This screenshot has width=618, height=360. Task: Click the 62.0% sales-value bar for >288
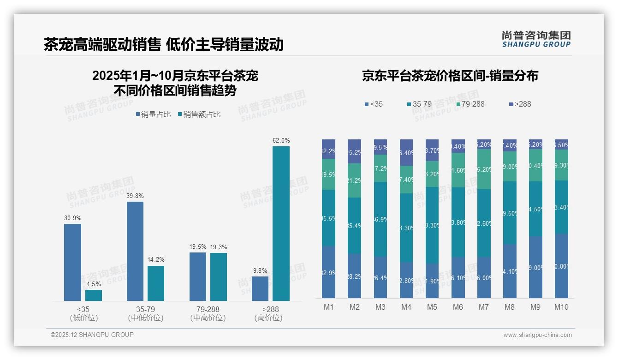[x=281, y=223]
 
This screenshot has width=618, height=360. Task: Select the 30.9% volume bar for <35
[x=72, y=262]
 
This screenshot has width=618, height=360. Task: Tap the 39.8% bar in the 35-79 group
[x=135, y=251]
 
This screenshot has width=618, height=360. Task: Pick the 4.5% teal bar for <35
[x=94, y=295]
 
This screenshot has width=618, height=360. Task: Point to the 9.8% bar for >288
[x=260, y=288]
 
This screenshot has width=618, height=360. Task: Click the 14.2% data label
[x=156, y=260]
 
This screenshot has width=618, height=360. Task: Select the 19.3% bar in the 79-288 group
[x=219, y=277]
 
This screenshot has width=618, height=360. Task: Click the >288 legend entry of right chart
[x=520, y=104]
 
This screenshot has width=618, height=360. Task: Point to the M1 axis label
[x=328, y=307]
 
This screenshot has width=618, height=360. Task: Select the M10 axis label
[x=561, y=307]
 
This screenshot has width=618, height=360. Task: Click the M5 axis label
[x=432, y=307]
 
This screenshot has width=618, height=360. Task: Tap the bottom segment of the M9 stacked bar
[x=535, y=267]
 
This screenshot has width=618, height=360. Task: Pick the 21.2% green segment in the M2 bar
[x=354, y=180]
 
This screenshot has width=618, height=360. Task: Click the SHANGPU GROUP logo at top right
[x=536, y=39]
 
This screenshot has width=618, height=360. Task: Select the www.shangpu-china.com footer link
[x=537, y=335]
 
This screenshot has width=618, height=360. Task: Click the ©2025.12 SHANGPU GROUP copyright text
[x=92, y=335]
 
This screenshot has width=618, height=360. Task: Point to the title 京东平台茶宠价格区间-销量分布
[x=450, y=76]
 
